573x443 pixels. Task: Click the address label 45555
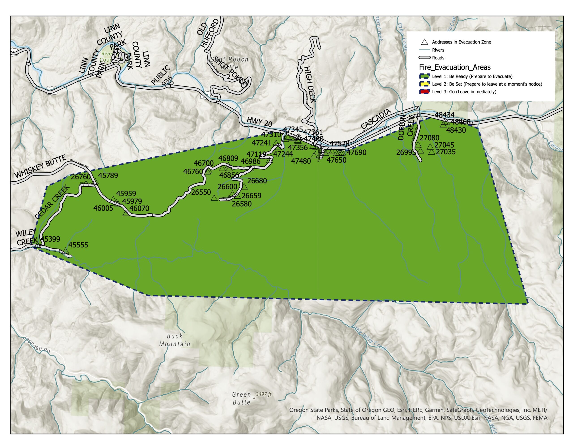point(78,245)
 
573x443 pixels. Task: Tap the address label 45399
point(50,239)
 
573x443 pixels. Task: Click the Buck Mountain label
point(175,340)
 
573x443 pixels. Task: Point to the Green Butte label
point(241,398)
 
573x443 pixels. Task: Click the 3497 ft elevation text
point(263,394)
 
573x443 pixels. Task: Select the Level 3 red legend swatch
point(424,92)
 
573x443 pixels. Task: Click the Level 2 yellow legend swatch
point(424,84)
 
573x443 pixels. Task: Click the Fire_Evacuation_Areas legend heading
point(455,67)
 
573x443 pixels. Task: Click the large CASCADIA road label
point(376,119)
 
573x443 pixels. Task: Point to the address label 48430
point(456,130)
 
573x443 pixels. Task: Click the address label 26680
point(257,181)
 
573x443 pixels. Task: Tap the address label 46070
point(139,208)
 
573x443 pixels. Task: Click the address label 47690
point(357,152)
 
